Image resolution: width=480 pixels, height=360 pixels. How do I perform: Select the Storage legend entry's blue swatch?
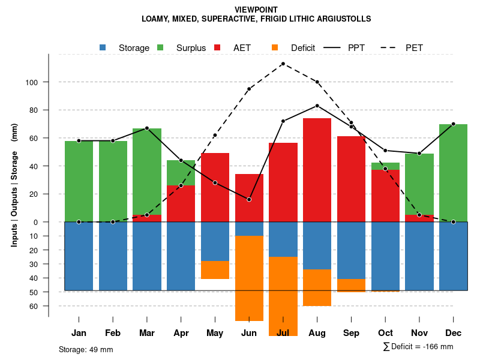tap(103, 48)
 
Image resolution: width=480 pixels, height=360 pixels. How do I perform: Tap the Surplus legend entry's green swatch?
tap(160, 48)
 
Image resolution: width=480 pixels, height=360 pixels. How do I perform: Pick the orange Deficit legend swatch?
tap(275, 48)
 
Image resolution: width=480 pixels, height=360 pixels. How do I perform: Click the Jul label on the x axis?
tap(283, 333)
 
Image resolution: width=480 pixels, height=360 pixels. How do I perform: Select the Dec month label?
tap(453, 333)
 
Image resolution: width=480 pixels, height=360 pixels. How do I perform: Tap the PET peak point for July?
tap(283, 64)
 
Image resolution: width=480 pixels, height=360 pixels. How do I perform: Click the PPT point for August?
tap(317, 106)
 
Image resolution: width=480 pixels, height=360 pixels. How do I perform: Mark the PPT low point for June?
tap(249, 199)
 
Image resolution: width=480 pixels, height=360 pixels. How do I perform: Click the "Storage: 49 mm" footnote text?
tap(86, 349)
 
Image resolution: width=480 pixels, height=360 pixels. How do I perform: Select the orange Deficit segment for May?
tap(215, 270)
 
